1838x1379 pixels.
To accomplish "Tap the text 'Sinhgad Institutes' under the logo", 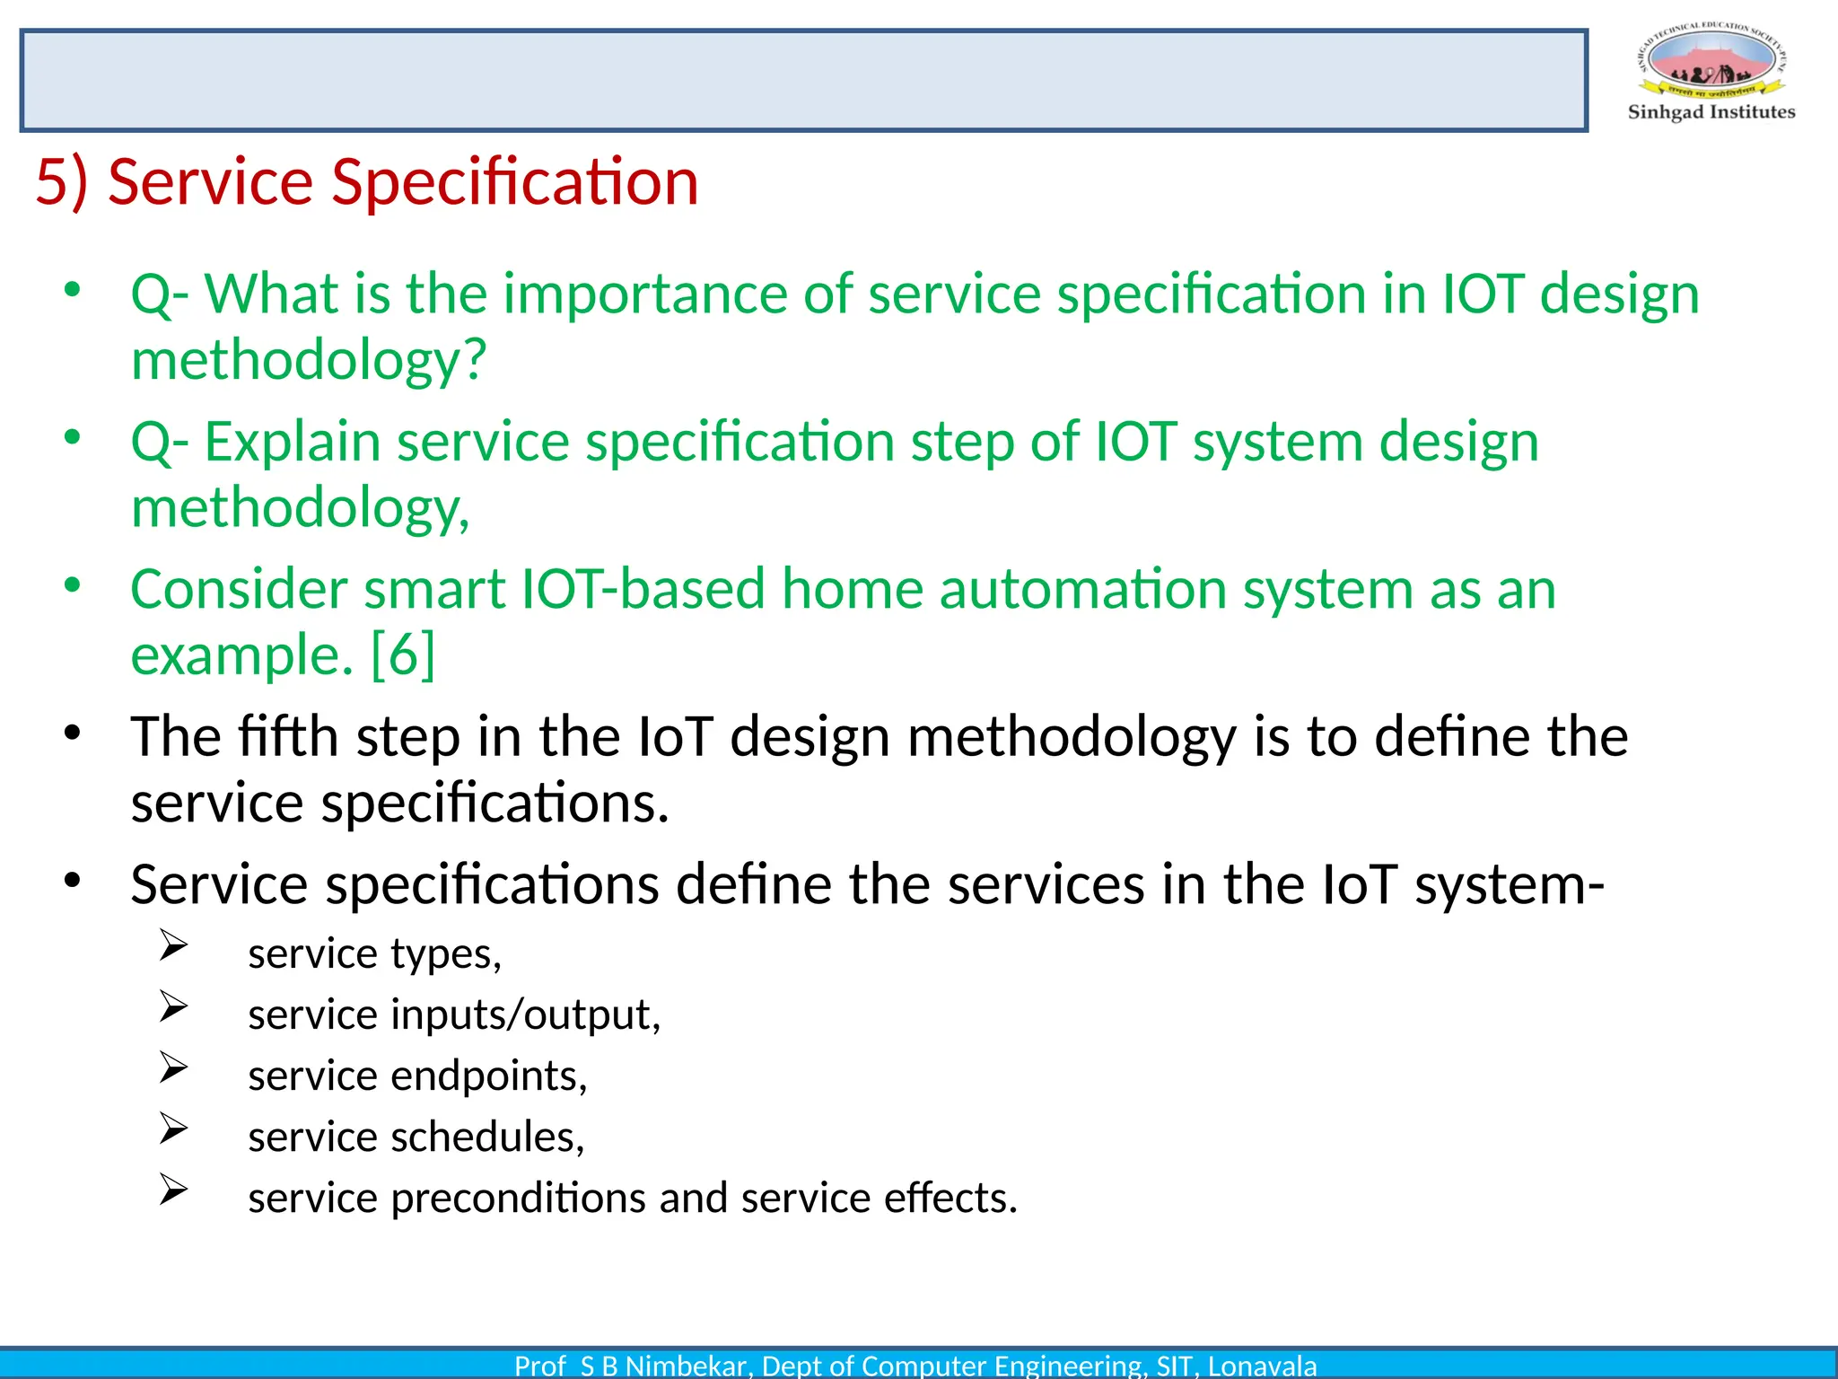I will click(1711, 112).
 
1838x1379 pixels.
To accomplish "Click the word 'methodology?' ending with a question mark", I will click(309, 360).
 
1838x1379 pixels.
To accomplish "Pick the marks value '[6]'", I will click(403, 654).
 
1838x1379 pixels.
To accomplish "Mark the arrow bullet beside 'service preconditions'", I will click(173, 1190).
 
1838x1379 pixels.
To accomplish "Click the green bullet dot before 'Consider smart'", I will click(73, 585).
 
